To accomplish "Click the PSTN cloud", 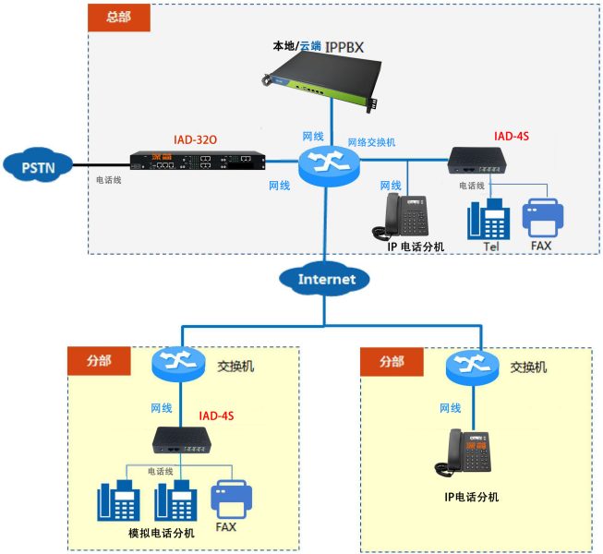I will pyautogui.click(x=36, y=166).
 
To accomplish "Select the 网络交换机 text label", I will pyautogui.click(x=371, y=142).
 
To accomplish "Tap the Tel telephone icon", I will pyautogui.click(x=488, y=220).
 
